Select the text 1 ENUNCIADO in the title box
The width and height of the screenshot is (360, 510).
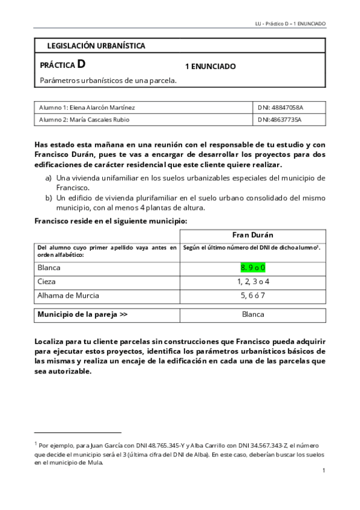pos(210,66)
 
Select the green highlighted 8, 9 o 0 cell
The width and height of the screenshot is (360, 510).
pos(253,266)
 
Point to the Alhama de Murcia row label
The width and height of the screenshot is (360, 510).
pos(68,295)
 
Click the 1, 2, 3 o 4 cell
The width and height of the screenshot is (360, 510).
pos(253,281)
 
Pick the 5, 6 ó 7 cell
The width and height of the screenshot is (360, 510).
pos(253,295)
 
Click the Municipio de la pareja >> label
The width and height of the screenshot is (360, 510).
pos(82,314)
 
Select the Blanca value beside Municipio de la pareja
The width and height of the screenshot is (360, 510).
pos(253,314)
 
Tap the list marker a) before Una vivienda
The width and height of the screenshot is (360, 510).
pos(48,178)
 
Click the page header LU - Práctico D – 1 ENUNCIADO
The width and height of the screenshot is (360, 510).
pos(290,23)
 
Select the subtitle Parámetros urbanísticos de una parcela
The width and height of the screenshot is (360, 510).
pos(108,80)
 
